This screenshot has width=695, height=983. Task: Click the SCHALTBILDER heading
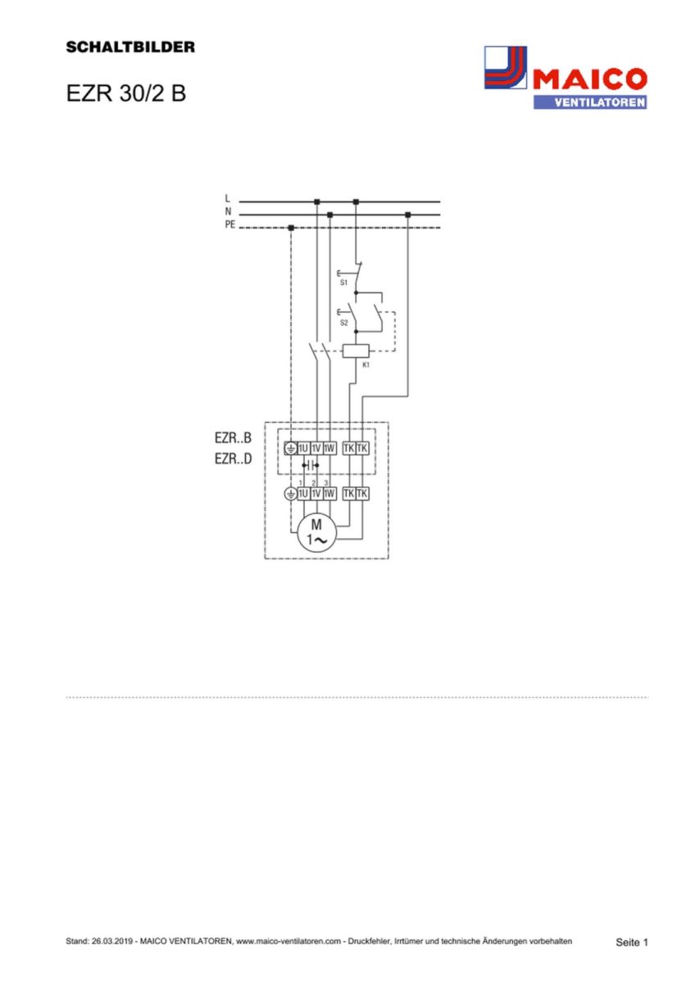tap(130, 48)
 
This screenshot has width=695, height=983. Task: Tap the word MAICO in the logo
tap(589, 80)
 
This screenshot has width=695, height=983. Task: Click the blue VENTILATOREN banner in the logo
tap(589, 102)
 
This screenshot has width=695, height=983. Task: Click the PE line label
tap(229, 224)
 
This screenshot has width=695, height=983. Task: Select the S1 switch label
tap(343, 282)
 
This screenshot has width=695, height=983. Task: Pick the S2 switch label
tap(343, 324)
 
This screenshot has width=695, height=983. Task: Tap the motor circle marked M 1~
tap(316, 532)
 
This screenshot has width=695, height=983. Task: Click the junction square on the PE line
tap(291, 228)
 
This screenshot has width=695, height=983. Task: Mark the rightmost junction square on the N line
tap(407, 215)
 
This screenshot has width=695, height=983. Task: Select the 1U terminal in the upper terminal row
tap(303, 448)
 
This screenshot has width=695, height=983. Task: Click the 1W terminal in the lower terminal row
tap(329, 493)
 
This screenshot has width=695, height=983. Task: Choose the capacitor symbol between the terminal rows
tap(310, 465)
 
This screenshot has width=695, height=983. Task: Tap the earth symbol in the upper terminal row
tap(290, 448)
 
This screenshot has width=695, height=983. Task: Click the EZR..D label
tap(234, 460)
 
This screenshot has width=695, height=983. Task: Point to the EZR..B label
tap(234, 438)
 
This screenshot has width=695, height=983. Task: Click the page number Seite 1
tap(631, 942)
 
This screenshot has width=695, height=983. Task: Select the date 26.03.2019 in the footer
tap(112, 942)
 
